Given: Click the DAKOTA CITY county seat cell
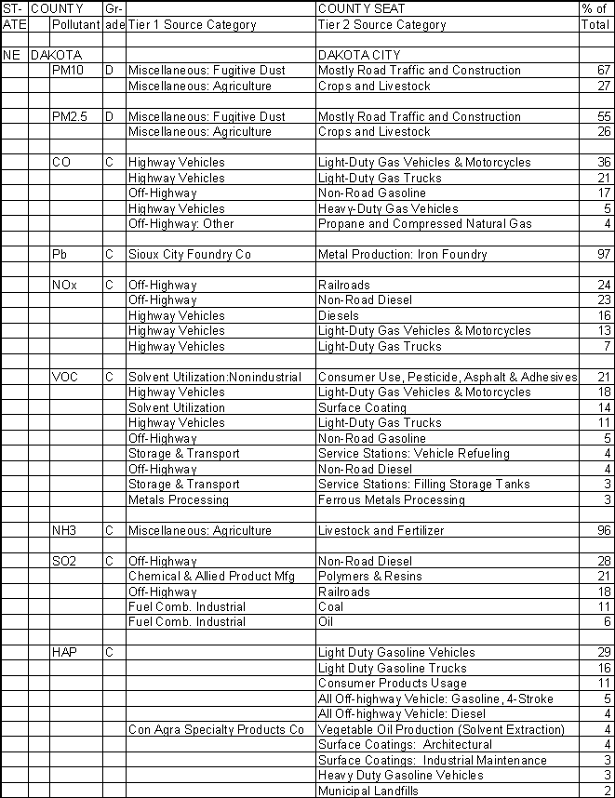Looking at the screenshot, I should pyautogui.click(x=359, y=55).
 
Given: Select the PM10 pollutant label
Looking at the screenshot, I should pyautogui.click(x=66, y=71).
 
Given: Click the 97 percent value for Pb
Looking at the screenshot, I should pyautogui.click(x=603, y=255).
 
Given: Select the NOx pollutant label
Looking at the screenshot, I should pyautogui.click(x=64, y=286).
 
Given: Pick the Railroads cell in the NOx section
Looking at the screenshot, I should pyautogui.click(x=344, y=286).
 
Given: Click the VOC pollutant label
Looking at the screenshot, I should pyautogui.click(x=65, y=378).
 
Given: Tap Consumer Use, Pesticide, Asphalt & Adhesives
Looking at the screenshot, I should pyautogui.click(x=448, y=378).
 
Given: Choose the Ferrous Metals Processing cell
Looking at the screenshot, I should pyautogui.click(x=391, y=499).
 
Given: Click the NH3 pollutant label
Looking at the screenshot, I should pyautogui.click(x=64, y=531).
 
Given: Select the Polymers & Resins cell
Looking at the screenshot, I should pyautogui.click(x=368, y=577).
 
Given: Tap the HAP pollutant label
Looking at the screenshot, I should pyautogui.click(x=64, y=653).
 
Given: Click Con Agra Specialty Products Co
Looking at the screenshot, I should pyautogui.click(x=216, y=730).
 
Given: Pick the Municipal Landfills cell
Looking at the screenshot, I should pyautogui.click(x=368, y=791).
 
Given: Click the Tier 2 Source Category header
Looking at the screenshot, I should pyautogui.click(x=381, y=25).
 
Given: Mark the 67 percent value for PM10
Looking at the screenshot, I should pyautogui.click(x=603, y=71).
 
